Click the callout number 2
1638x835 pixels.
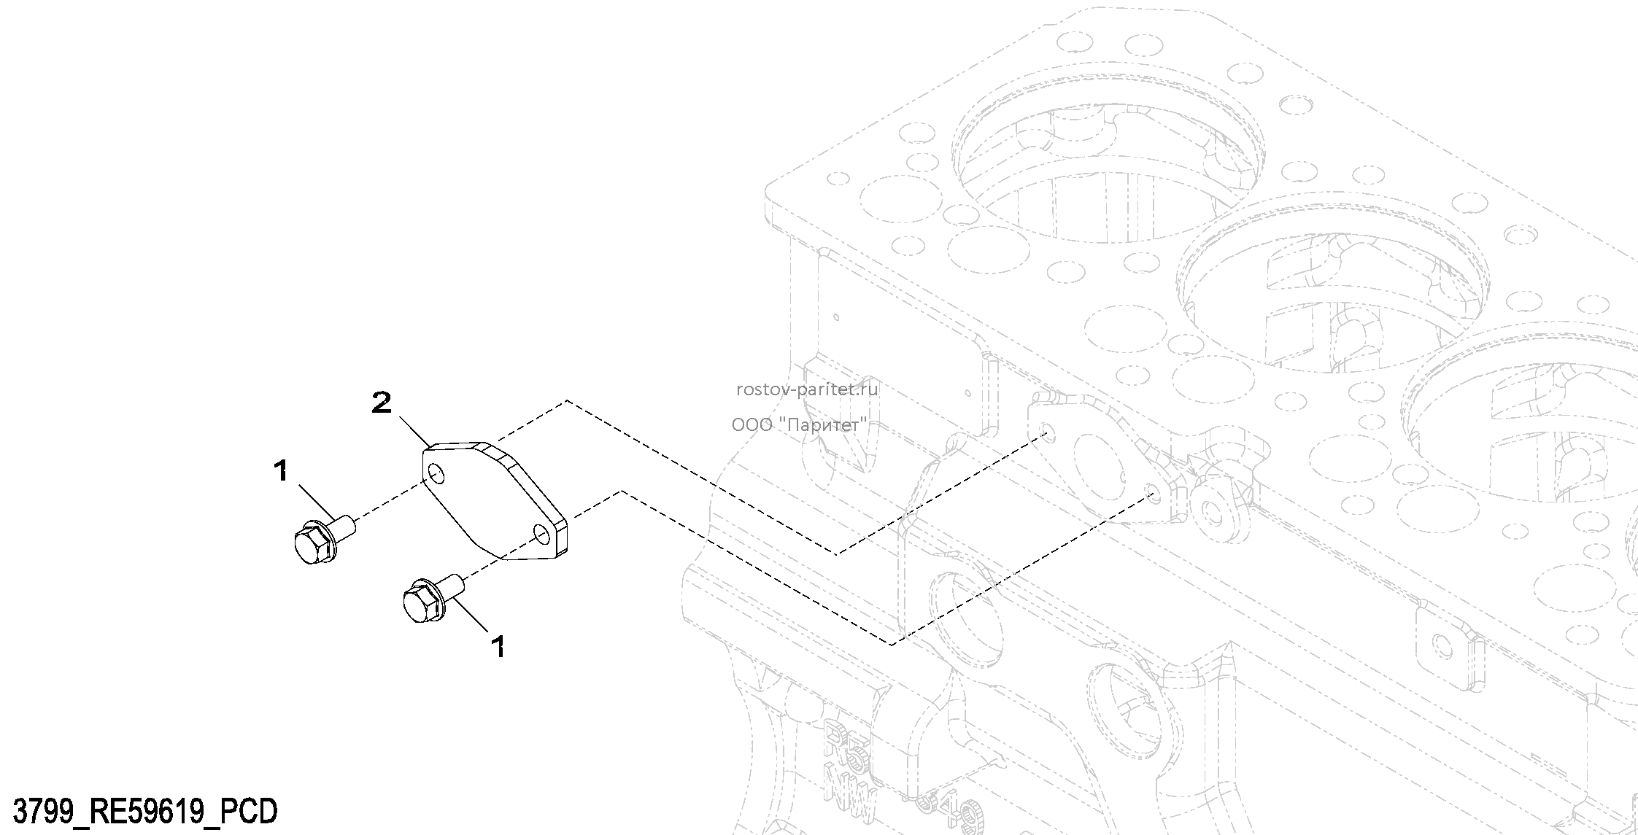pos(382,403)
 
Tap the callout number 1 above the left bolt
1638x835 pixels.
pos(281,471)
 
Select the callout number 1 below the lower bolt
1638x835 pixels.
pos(498,646)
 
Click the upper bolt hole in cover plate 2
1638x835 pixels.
pos(436,475)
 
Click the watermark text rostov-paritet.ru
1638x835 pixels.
pos(808,389)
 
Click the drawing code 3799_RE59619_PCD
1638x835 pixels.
pos(146,811)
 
